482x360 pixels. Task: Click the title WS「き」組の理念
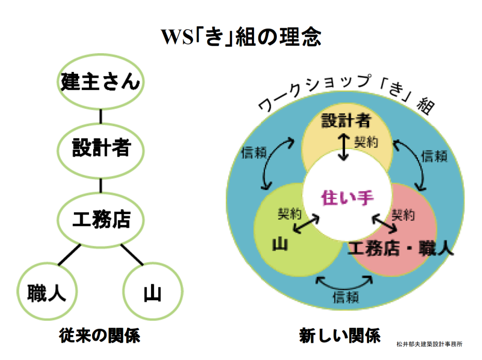click(x=241, y=37)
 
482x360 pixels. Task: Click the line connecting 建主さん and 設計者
click(x=101, y=117)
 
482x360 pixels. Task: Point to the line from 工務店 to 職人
click(x=70, y=255)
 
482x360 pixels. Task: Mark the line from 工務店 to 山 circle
click(x=132, y=255)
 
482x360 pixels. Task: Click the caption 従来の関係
click(x=100, y=336)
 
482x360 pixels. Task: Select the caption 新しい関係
click(x=340, y=336)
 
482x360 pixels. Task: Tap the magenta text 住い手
click(x=347, y=197)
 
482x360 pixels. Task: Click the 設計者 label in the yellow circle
click(x=346, y=120)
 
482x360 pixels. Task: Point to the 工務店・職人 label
click(x=400, y=248)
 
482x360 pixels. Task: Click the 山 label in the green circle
click(x=280, y=244)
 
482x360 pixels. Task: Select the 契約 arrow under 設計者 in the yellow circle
click(x=343, y=147)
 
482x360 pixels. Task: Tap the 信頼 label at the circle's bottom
click(x=346, y=297)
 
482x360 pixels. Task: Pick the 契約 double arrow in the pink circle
click(x=384, y=224)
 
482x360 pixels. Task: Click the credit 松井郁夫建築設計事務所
click(x=429, y=344)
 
